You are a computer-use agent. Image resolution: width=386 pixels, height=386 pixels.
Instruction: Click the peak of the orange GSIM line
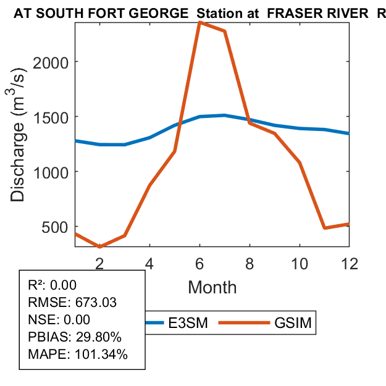pos(199,22)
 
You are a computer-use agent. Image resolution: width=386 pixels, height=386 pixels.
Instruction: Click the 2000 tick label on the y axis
pos(51,62)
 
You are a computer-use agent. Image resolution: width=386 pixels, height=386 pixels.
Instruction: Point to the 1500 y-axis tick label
pos(51,117)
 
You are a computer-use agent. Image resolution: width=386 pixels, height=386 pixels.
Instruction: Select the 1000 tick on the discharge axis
pos(51,172)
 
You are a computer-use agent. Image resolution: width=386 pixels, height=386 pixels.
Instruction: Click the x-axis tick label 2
pos(99,263)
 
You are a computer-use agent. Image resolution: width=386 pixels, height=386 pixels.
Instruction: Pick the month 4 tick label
pos(149,263)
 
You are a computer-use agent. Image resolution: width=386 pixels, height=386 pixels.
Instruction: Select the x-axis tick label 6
pos(199,263)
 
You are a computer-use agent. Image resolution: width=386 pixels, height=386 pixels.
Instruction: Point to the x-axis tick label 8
pos(249,263)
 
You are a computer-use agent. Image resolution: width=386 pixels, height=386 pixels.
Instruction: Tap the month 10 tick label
pos(299,263)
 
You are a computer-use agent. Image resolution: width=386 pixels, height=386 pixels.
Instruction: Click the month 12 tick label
pos(349,263)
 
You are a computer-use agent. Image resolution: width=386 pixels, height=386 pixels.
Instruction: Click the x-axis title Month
pos(212,287)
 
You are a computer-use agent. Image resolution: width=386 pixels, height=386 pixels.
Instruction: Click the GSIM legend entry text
pos(292,322)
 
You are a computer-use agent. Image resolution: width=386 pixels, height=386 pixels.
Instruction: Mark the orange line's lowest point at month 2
pos(99,246)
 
